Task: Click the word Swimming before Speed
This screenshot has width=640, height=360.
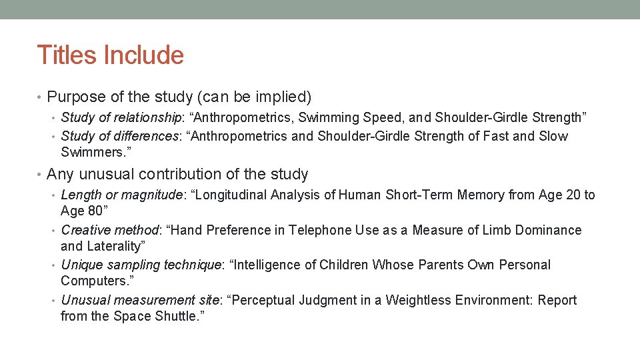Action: click(330, 118)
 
